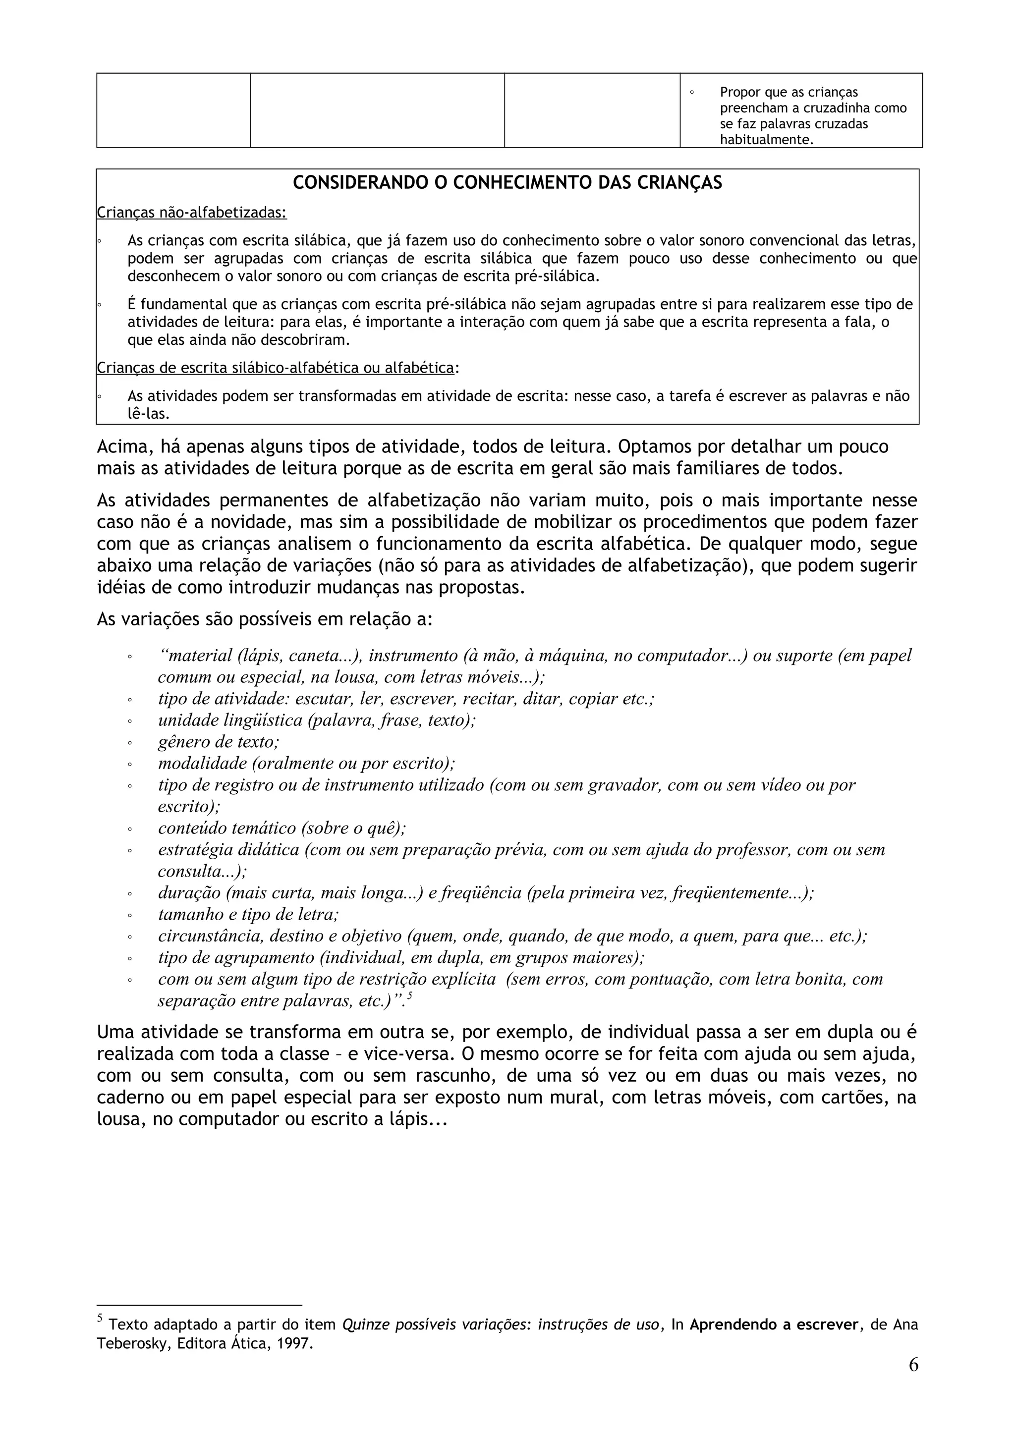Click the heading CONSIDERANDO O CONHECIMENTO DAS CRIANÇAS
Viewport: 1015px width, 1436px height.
click(x=507, y=183)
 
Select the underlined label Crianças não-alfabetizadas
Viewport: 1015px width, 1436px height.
click(x=191, y=213)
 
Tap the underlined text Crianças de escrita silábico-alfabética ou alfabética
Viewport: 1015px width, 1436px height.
click(x=275, y=368)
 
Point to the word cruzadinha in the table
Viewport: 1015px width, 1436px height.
click(x=820, y=108)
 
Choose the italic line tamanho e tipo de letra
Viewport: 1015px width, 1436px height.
click(x=248, y=914)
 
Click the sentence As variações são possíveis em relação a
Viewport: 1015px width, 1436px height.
click(x=265, y=619)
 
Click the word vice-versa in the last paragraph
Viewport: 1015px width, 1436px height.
click(x=400, y=1054)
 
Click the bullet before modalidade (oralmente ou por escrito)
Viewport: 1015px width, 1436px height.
click(x=129, y=764)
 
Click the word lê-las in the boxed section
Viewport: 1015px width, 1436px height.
click(x=148, y=413)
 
